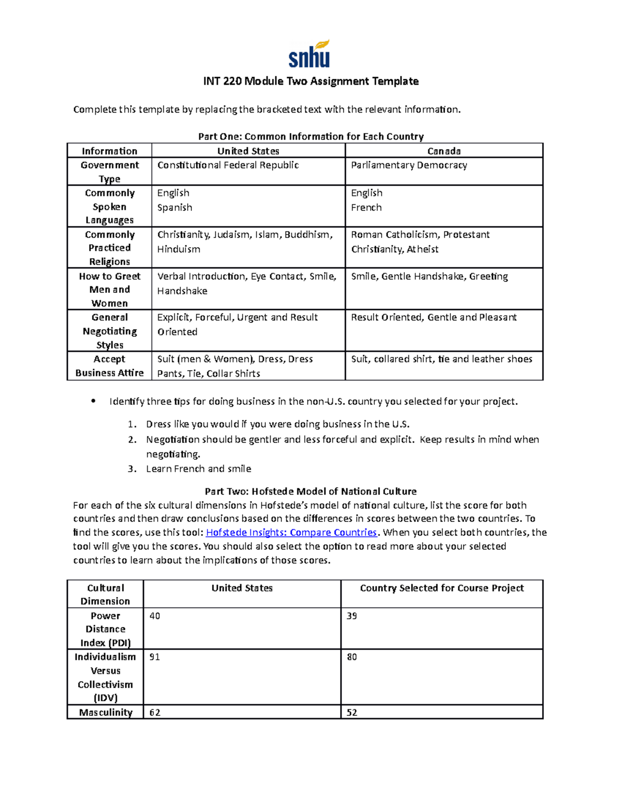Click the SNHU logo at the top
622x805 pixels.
coord(309,54)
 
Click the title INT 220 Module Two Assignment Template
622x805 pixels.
coord(310,81)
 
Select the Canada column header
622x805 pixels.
coord(444,151)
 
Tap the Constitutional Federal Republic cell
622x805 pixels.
coord(228,165)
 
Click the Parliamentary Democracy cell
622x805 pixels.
coord(409,165)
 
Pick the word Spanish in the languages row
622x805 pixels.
coord(175,207)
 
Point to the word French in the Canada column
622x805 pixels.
coord(366,207)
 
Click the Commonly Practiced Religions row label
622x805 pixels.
coord(109,248)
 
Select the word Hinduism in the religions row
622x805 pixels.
coord(179,249)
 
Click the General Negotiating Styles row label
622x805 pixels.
coord(109,331)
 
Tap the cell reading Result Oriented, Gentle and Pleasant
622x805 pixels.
coord(434,317)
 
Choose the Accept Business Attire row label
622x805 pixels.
coord(109,366)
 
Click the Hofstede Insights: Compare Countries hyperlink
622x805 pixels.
coord(291,532)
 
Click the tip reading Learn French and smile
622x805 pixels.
coord(199,469)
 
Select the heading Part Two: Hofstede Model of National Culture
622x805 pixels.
coord(310,491)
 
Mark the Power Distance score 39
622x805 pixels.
coord(352,616)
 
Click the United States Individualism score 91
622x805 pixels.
coord(154,657)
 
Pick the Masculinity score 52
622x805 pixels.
coord(352,713)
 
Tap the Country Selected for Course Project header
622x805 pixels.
coord(442,588)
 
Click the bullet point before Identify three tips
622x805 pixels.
coord(93,401)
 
